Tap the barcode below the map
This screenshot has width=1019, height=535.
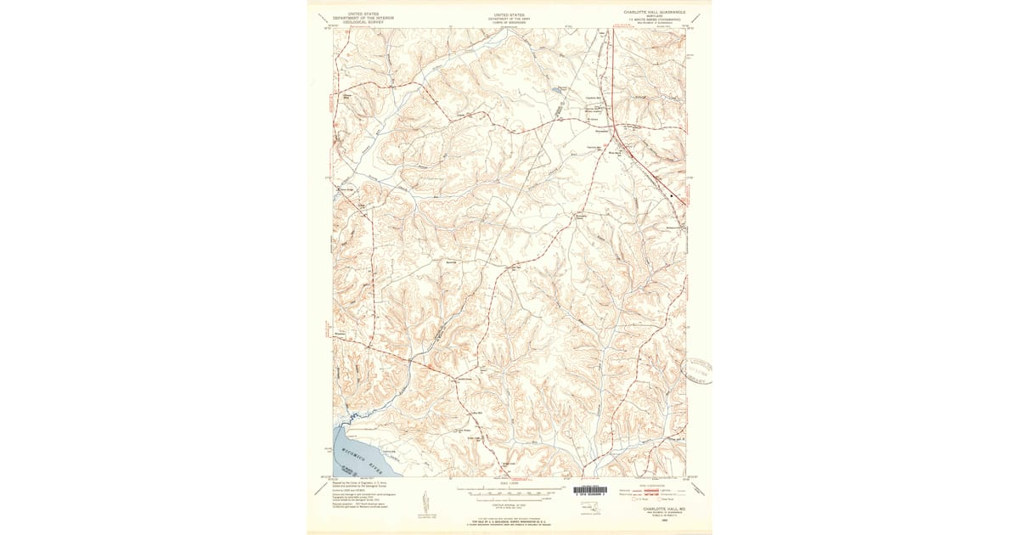590,490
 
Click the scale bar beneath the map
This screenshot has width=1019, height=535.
509,491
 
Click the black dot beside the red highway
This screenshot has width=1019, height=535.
671,196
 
